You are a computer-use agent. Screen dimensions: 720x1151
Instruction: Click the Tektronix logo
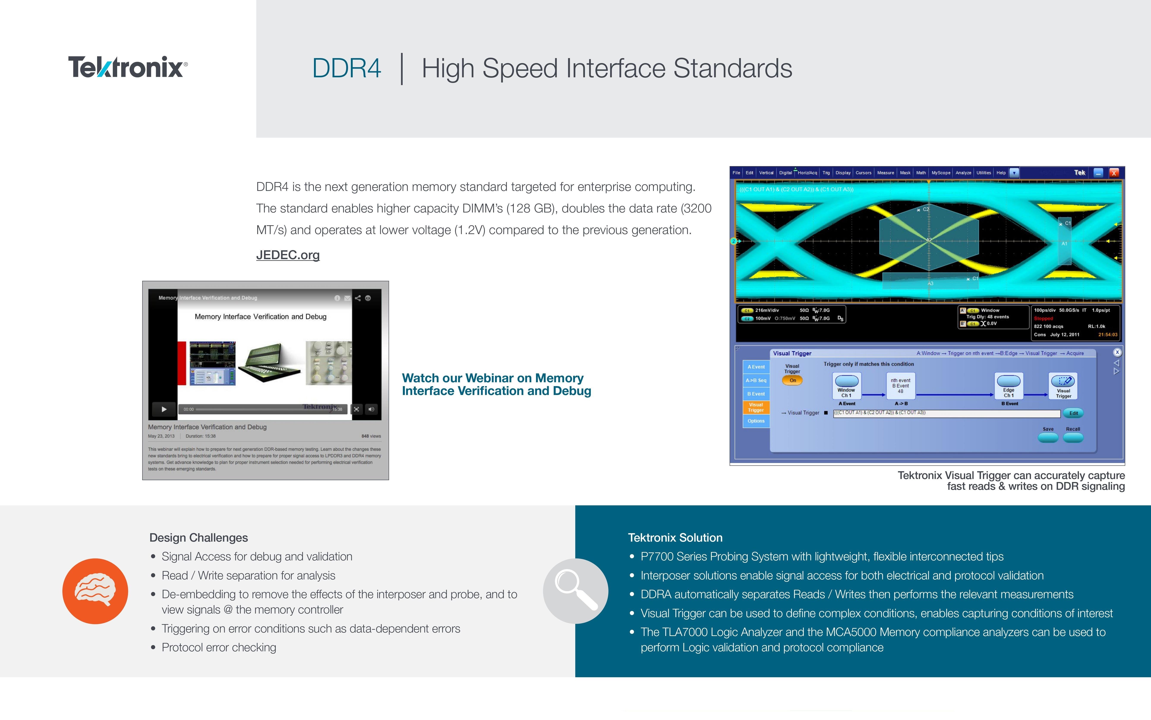pos(128,67)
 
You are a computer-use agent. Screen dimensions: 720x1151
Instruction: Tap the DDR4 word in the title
pos(346,68)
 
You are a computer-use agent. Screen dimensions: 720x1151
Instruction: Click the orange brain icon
pos(95,591)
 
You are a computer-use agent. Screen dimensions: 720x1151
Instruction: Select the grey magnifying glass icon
pos(575,591)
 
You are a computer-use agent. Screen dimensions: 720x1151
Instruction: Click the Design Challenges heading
pos(199,538)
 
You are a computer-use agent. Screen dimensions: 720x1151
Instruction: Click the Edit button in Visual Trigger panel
pos(1074,413)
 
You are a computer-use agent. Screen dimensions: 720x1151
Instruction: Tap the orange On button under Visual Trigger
pos(792,380)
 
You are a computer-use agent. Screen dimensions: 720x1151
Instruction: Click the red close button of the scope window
pos(1114,173)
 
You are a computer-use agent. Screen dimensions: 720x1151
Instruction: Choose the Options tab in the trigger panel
pos(756,421)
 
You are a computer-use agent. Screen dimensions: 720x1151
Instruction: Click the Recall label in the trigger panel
pos(1073,429)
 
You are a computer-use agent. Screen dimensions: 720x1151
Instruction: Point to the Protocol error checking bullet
pos(219,648)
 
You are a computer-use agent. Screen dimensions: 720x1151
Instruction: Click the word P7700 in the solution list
pos(657,557)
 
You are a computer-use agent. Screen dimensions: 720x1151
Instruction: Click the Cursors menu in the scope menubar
pos(863,173)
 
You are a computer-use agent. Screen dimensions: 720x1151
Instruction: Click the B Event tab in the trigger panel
pos(756,394)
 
